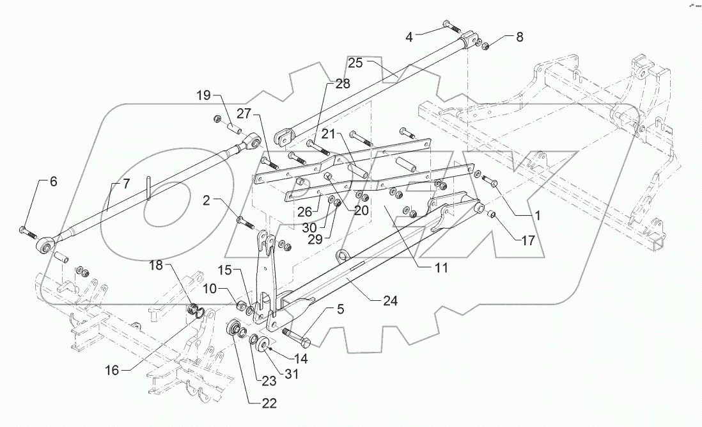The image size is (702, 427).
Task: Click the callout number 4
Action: coord(409,37)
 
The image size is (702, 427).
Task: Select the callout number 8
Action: coord(519,37)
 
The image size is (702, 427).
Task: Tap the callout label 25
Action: coord(355,63)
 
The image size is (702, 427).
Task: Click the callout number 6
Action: coord(53,182)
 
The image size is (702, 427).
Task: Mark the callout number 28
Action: coord(343,85)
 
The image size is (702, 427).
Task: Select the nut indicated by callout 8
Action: coord(485,46)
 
